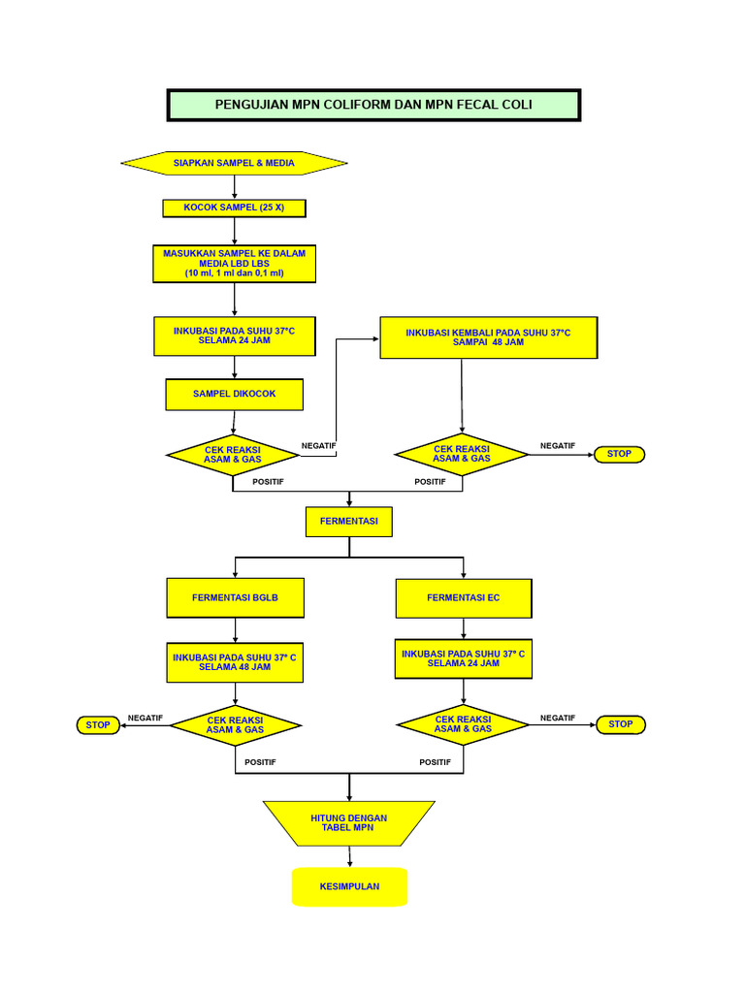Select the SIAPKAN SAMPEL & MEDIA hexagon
tap(234, 163)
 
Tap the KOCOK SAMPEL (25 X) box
tap(234, 208)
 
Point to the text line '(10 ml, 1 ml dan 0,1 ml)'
tap(234, 273)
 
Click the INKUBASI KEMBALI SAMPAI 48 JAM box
tap(488, 337)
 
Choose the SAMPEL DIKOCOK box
tap(234, 394)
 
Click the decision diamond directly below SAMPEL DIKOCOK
tap(233, 454)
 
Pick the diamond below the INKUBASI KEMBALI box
tap(462, 454)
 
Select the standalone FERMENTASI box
tap(348, 521)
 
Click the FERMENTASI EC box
tap(464, 597)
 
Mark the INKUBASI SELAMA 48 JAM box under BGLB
tap(235, 662)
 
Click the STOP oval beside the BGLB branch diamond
tap(98, 724)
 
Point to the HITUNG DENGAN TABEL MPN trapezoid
tap(348, 823)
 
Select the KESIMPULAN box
tap(349, 886)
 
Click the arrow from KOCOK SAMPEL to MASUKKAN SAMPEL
tap(234, 231)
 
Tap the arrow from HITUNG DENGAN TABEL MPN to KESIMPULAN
tap(348, 856)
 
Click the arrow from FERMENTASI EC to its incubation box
tap(464, 627)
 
